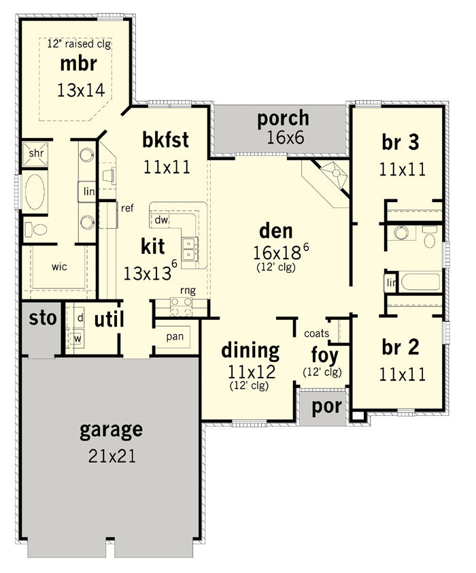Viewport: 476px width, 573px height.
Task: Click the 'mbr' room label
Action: pos(78,64)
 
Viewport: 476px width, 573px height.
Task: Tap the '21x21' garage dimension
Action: pos(112,456)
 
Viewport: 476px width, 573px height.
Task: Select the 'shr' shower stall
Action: pos(35,154)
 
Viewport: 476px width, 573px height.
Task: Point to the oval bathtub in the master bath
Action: pos(35,192)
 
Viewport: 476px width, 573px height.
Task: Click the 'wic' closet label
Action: pos(59,267)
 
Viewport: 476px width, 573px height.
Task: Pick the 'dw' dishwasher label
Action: pos(161,220)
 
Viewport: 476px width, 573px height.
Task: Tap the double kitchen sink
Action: pos(190,248)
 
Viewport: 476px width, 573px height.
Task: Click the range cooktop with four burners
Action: pos(182,307)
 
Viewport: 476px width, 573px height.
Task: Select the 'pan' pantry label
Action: pos(175,337)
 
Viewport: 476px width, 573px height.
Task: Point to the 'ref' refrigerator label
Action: pos(127,208)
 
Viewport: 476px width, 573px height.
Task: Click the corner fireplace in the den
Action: pos(333,175)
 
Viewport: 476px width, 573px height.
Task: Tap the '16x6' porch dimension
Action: pos(286,137)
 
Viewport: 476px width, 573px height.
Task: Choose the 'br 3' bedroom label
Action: pos(401,142)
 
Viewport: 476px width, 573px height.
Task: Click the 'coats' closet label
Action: pos(316,333)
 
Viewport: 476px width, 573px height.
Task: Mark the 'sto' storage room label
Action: pos(43,318)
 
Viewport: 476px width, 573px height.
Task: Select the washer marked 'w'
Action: pos(78,338)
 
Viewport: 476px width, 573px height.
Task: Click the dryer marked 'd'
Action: pos(80,318)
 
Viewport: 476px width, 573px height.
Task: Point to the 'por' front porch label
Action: pos(326,407)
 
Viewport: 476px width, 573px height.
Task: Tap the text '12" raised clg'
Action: pos(79,44)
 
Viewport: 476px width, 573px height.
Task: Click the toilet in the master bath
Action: pos(36,229)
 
